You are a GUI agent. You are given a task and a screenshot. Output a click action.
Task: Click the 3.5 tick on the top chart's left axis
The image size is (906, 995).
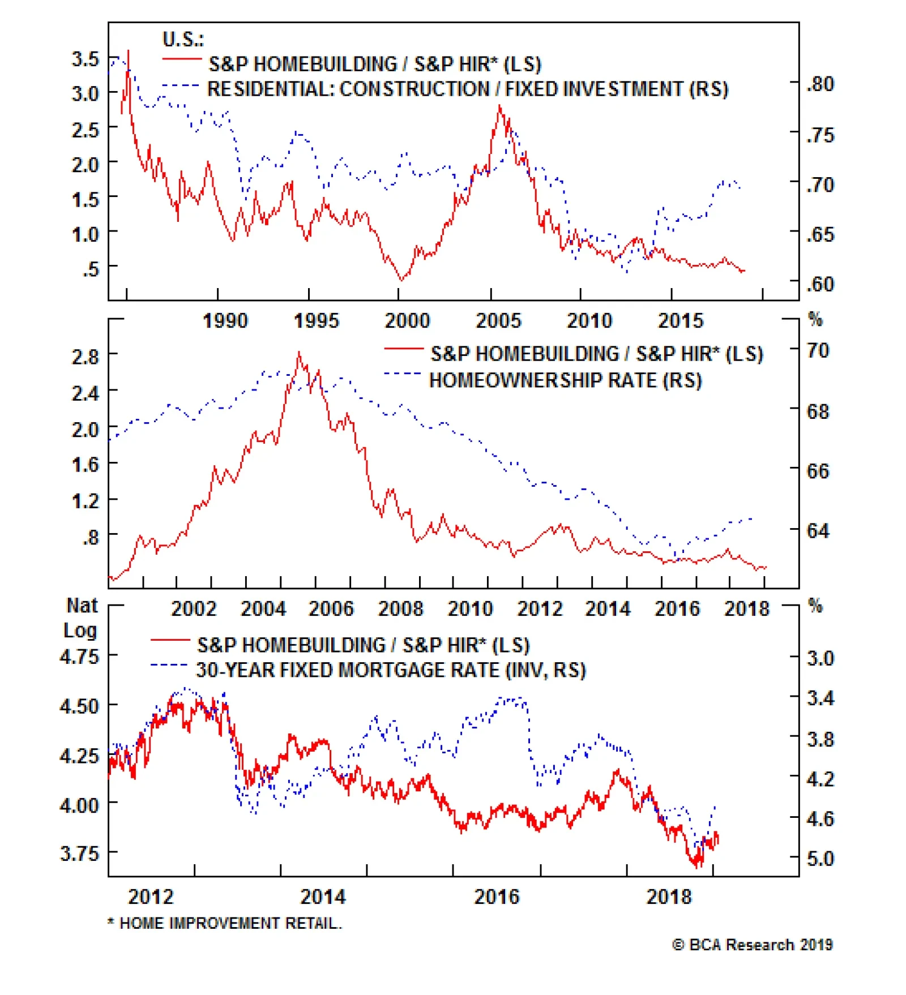pos(85,59)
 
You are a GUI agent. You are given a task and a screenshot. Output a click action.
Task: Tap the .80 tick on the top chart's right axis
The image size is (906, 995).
pos(820,84)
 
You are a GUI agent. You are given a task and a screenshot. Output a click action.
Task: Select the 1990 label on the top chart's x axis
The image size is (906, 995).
pos(225,321)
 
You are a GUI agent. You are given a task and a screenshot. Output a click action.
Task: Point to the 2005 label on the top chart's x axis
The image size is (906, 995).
pos(498,321)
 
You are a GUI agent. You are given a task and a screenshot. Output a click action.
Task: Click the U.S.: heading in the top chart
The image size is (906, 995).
pos(183,40)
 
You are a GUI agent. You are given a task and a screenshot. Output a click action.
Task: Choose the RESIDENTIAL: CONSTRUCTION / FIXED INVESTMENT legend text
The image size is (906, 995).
pos(468,89)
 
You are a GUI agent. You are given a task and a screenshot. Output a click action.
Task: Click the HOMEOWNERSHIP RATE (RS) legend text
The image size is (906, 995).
pos(565,380)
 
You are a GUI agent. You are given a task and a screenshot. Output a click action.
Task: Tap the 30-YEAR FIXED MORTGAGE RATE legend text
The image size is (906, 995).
pos(391,670)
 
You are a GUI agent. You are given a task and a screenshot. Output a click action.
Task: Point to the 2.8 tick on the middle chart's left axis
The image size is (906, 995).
pos(85,357)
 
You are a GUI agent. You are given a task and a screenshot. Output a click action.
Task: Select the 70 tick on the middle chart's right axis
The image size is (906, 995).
pos(818,351)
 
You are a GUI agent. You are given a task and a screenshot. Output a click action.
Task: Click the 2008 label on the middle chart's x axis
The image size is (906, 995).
pos(400,609)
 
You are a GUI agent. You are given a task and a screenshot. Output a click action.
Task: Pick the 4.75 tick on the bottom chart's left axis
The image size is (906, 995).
pos(79,657)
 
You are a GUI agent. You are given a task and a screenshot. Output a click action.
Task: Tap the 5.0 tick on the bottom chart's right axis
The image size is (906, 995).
pos(820,859)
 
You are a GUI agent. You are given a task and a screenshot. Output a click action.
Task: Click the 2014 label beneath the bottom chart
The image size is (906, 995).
pos(323,897)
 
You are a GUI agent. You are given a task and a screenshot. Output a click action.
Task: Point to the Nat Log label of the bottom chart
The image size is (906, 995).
pos(81,618)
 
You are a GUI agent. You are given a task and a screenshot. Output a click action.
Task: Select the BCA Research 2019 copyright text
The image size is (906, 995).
pos(753,945)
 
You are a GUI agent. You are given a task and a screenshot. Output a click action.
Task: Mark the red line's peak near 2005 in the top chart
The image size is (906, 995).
pos(499,106)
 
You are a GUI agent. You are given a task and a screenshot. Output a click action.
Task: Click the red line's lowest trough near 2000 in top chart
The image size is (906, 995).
pos(401,280)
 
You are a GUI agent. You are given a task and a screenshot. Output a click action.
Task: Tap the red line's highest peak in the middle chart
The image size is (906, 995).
pos(299,353)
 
